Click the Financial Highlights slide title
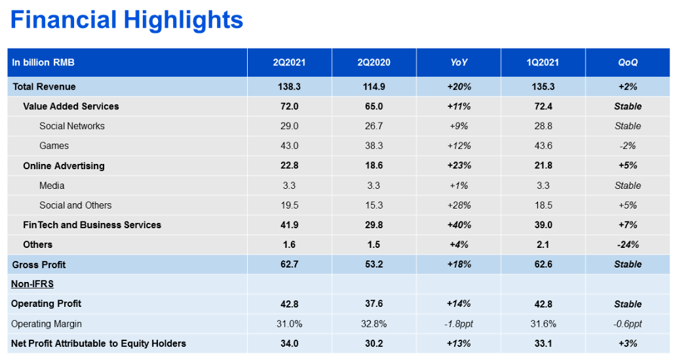(126, 20)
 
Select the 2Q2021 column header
(289, 62)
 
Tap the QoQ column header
(628, 62)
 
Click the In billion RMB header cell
(43, 62)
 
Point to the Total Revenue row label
(44, 87)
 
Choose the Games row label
(54, 146)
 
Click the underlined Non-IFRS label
(33, 284)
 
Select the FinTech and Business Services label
(92, 225)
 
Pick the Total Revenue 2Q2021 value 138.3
(289, 87)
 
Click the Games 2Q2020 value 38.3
(374, 146)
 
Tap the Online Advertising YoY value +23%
(459, 165)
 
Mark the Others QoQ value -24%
(628, 245)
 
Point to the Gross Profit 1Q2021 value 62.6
(543, 264)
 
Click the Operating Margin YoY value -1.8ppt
(459, 324)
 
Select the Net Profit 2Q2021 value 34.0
(289, 343)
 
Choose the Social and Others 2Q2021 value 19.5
(289, 205)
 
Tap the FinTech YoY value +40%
(459, 225)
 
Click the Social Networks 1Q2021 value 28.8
(543, 126)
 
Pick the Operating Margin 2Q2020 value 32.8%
(374, 323)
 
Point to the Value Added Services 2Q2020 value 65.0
(374, 106)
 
